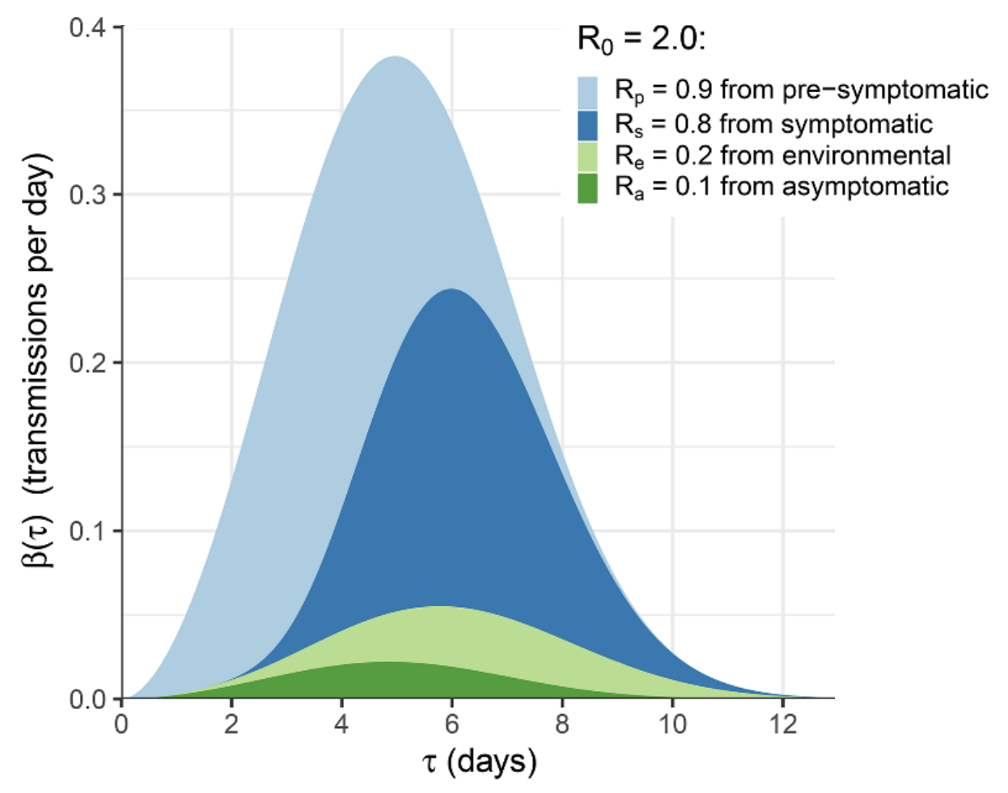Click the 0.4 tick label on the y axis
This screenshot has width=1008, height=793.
87,28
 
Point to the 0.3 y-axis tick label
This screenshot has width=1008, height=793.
87,196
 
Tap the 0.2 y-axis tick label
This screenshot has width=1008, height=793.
87,363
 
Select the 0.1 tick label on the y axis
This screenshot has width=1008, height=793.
87,531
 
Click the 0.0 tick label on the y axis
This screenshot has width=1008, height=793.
87,699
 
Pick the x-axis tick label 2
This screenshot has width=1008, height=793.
231,724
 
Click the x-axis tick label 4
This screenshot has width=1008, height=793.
341,724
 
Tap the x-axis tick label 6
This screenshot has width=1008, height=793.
451,724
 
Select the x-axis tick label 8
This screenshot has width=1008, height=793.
562,724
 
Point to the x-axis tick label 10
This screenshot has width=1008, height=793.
672,724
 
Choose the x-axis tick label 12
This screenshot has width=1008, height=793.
782,724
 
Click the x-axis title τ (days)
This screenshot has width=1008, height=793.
479,761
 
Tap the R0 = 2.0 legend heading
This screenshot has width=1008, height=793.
641,39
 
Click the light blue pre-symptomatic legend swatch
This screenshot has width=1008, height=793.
587,91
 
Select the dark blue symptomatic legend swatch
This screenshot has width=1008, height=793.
587,124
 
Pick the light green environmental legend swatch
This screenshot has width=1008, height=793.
587,156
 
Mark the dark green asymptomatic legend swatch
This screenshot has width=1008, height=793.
587,188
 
